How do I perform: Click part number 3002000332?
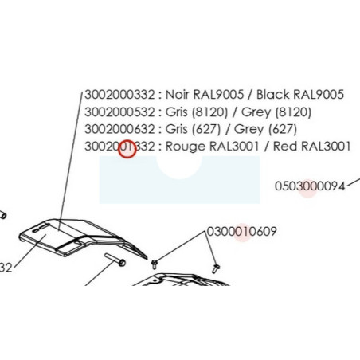tap(119, 95)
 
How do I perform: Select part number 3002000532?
tap(119, 112)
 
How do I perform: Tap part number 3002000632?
tap(119, 129)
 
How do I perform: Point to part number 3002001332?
tap(119, 147)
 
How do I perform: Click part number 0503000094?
tap(310, 186)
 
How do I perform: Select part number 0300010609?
tap(241, 232)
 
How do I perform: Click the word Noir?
tap(177, 95)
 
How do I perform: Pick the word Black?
tap(273, 95)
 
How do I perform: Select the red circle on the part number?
tap(127, 149)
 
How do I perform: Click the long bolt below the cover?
tap(115, 260)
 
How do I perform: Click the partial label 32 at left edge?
tap(6, 268)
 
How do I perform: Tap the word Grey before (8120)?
tap(256, 112)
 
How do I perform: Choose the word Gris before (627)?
tap(176, 129)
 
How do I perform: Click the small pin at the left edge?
tap(2, 214)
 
